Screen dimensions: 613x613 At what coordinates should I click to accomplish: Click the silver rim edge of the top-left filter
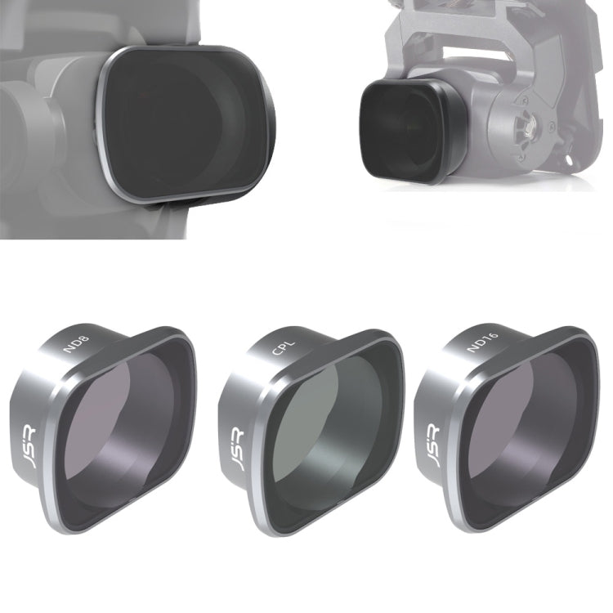pos(105,123)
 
